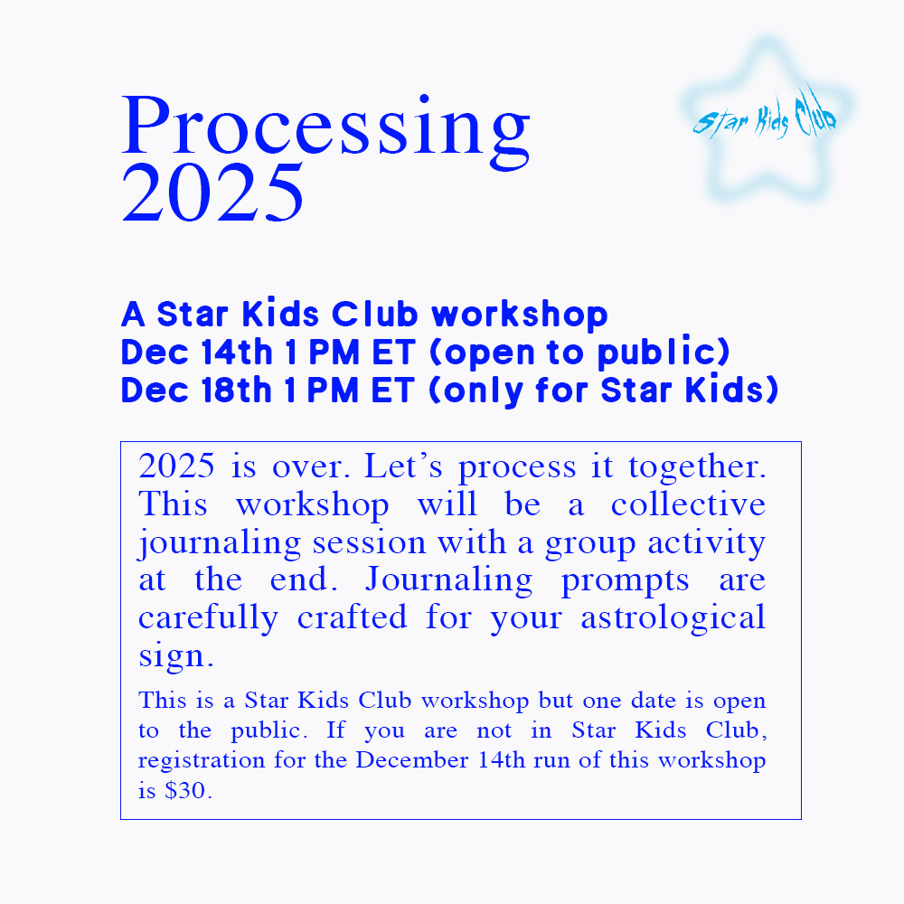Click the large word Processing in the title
325,132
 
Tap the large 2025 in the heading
212,193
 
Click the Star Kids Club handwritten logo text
765,116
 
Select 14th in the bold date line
236,353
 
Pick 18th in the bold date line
236,391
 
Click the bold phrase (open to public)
580,353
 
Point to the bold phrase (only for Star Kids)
604,391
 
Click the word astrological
673,618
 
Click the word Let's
403,466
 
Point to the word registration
202,760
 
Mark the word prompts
625,581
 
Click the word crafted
353,617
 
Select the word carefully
208,618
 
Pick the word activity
707,543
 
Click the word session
369,542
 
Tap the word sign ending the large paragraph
176,656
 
